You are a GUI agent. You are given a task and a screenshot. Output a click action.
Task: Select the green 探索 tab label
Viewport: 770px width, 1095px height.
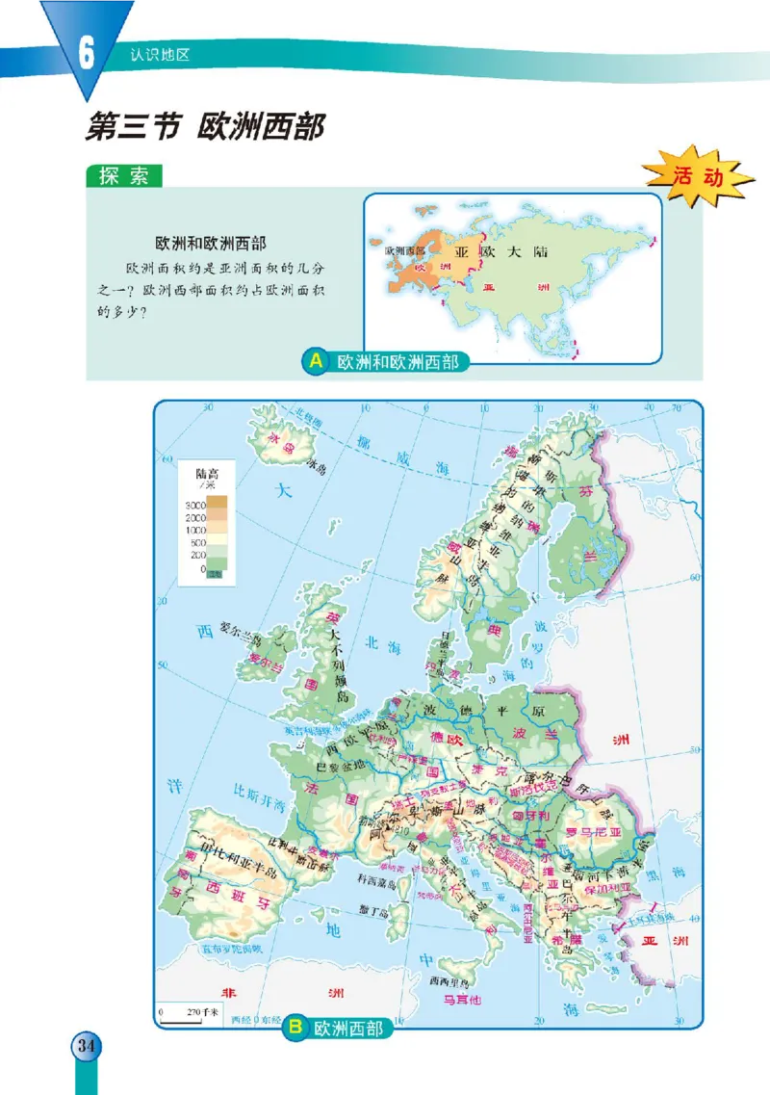(x=123, y=177)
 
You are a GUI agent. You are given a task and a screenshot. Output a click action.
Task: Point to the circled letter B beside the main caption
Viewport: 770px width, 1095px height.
(x=295, y=1030)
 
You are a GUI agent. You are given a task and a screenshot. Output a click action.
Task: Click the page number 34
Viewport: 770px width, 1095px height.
(x=85, y=1046)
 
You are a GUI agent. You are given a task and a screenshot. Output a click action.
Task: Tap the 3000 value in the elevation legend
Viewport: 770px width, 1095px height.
(x=196, y=505)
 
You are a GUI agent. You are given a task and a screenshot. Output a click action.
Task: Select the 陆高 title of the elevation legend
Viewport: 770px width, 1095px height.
(x=207, y=474)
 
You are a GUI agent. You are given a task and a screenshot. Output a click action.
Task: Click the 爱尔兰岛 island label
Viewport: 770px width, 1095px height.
(x=241, y=627)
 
